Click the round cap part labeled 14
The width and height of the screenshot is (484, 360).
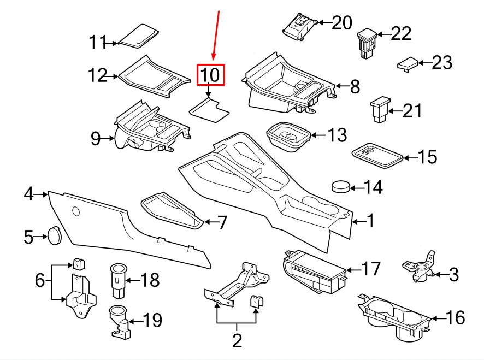[341, 187]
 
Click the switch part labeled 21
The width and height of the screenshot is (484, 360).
[379, 109]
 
